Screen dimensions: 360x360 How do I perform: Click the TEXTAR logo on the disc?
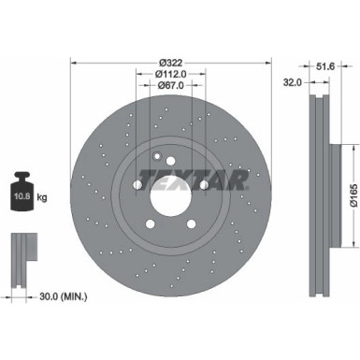click(193, 180)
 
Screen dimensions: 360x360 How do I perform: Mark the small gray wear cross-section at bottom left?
click(19, 252)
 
